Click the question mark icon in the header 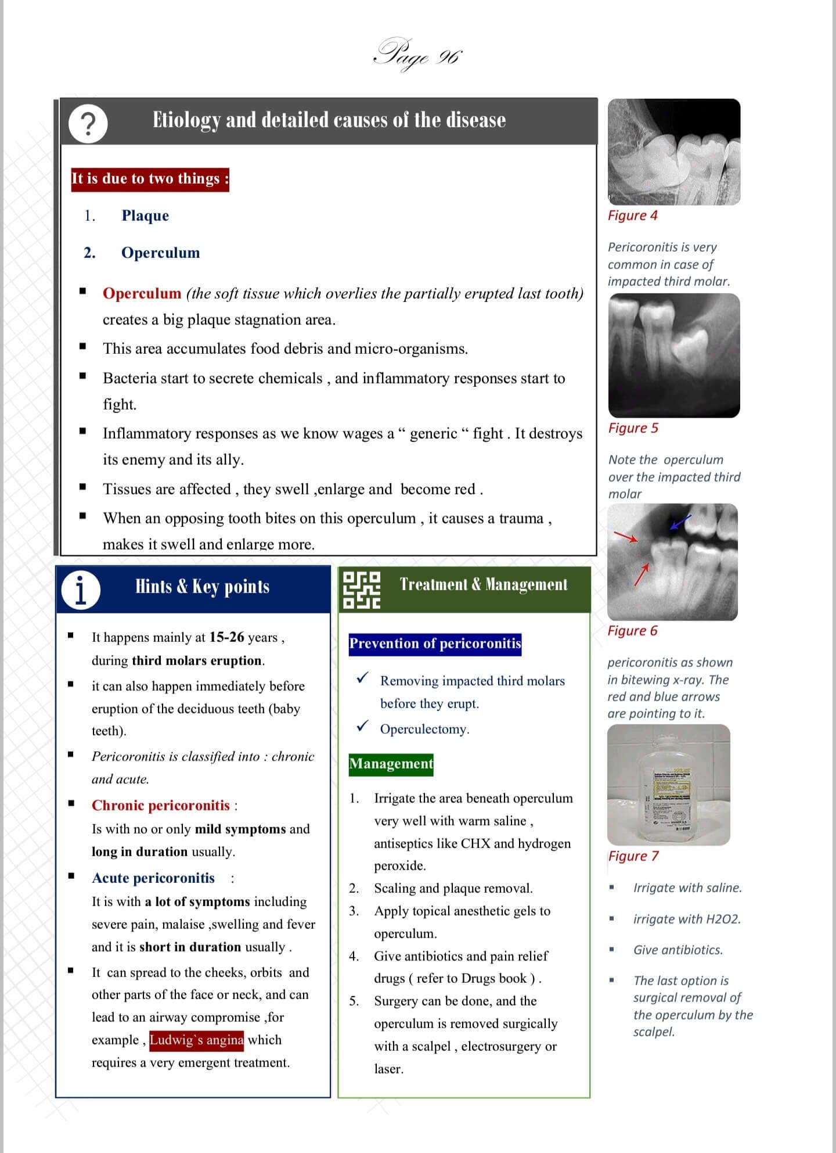88,124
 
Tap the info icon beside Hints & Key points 81,590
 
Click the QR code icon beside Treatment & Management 362,590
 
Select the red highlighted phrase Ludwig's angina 197,1040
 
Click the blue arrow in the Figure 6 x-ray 680,522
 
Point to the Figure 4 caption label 632,215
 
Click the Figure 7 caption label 633,856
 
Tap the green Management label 391,764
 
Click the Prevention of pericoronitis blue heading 435,644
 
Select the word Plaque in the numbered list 145,215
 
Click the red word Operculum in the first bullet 142,293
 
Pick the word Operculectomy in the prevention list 424,729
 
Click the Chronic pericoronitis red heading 161,806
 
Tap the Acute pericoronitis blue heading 153,878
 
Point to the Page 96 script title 417,56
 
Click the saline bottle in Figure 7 668,787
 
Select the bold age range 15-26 227,637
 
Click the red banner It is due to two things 150,178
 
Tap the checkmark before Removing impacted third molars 363,678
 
